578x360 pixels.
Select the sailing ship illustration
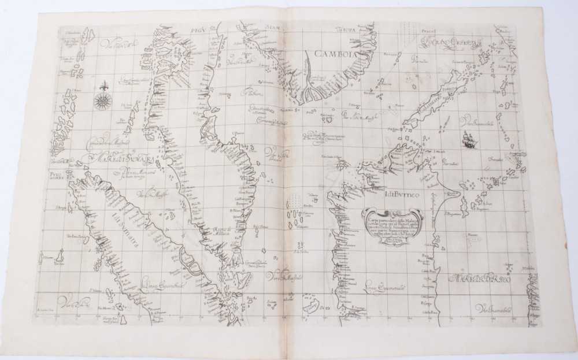click(x=467, y=139)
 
